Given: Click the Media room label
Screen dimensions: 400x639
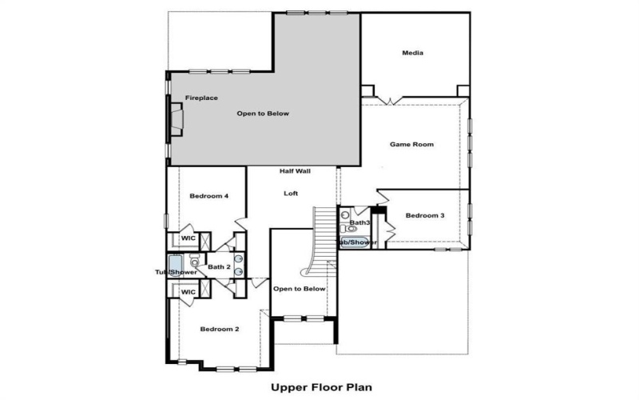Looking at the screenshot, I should click(x=412, y=54).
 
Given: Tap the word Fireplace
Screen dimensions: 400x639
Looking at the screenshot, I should click(x=201, y=98).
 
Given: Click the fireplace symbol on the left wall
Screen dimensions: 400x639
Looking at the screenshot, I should click(x=175, y=119).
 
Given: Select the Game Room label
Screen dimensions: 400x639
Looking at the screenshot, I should click(x=411, y=145).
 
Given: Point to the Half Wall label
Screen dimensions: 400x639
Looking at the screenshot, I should click(x=295, y=171).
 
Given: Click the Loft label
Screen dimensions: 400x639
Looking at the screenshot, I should click(x=291, y=194).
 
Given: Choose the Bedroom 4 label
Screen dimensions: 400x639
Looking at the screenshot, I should click(x=209, y=196).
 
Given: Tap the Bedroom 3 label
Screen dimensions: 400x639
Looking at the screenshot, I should click(x=425, y=216).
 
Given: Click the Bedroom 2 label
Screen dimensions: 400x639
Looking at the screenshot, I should click(x=220, y=329).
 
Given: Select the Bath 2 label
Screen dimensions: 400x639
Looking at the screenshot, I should click(x=219, y=266).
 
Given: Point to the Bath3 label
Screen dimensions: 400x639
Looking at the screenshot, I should click(x=359, y=222).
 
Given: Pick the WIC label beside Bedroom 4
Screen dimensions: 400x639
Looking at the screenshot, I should click(x=189, y=238).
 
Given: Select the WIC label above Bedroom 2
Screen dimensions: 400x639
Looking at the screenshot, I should click(x=189, y=292).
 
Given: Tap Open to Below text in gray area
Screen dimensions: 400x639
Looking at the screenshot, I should click(x=263, y=114).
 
